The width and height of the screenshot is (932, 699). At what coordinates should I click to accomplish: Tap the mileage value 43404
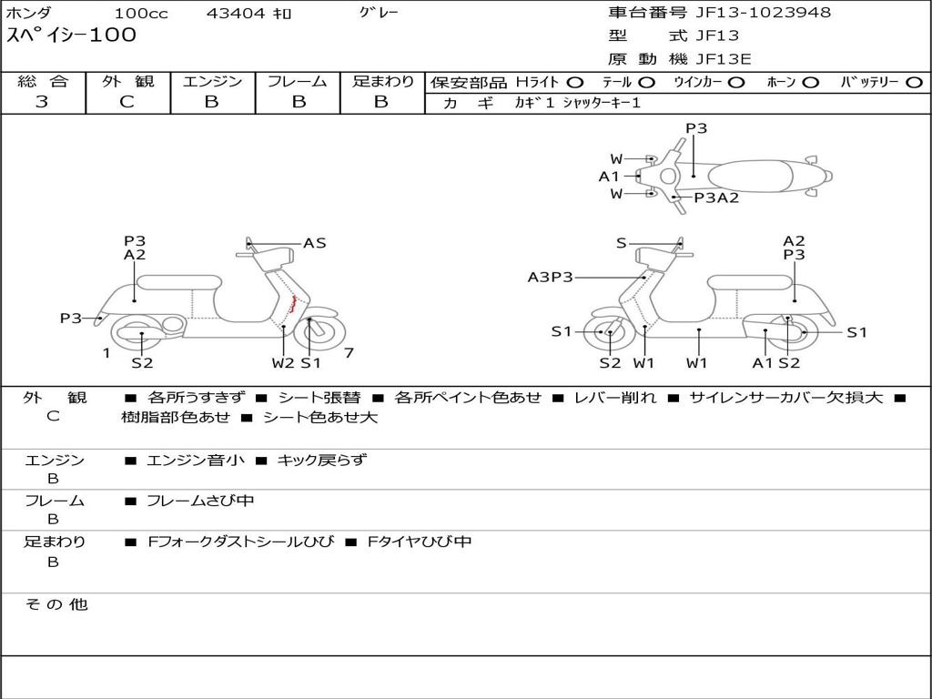tap(231, 14)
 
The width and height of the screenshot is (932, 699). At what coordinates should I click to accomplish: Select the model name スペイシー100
tap(71, 35)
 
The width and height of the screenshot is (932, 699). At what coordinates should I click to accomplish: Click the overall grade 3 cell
tap(42, 102)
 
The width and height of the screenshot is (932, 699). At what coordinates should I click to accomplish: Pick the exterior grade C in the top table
tap(127, 102)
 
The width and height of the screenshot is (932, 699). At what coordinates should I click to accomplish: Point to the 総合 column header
tap(42, 82)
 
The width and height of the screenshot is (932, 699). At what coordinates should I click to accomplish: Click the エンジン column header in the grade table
tap(212, 82)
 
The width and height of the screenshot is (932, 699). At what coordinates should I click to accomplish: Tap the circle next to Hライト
tap(575, 83)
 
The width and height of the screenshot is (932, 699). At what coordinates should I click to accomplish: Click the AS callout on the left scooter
tap(314, 243)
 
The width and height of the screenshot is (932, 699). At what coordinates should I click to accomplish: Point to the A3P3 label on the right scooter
tap(551, 277)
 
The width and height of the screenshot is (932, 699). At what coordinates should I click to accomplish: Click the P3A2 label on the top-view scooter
tap(716, 198)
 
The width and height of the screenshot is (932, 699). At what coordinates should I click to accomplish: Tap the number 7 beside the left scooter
tap(349, 353)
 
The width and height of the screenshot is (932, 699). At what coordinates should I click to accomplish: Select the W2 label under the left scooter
tap(283, 363)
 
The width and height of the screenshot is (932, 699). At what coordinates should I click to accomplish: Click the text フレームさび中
tap(200, 501)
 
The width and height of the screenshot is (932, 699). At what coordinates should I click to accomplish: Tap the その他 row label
tap(56, 604)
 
